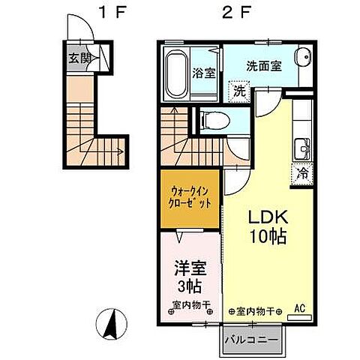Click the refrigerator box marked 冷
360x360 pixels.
pyautogui.click(x=303, y=172)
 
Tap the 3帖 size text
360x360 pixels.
pyautogui.click(x=189, y=288)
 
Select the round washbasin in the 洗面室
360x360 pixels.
pyautogui.click(x=301, y=61)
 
